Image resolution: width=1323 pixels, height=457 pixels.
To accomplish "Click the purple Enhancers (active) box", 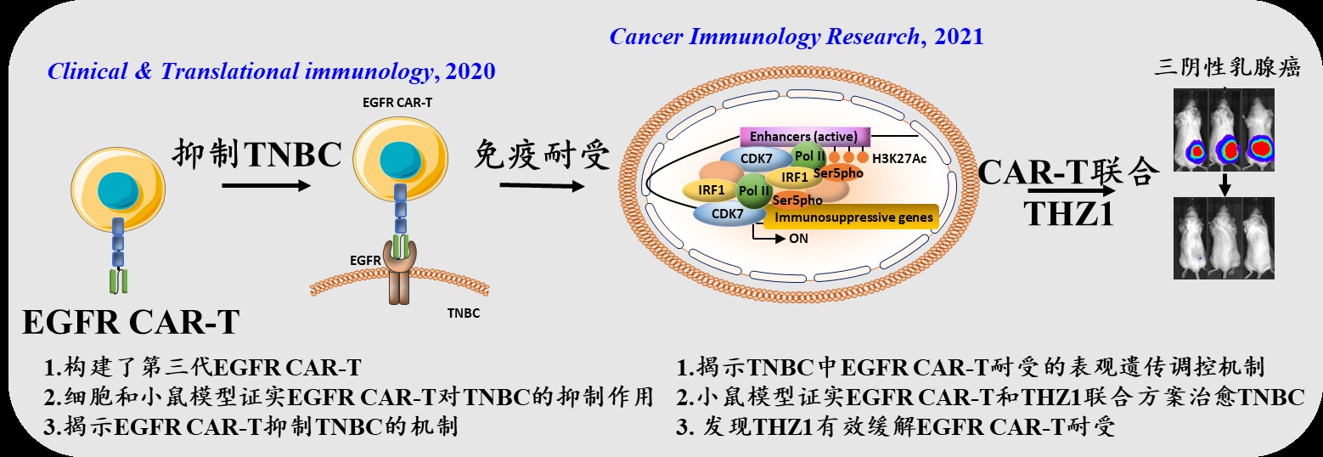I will tap(797, 136).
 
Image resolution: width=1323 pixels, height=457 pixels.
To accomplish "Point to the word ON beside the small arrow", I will tap(798, 239).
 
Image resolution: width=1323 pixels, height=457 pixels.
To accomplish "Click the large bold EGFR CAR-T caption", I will tap(131, 323).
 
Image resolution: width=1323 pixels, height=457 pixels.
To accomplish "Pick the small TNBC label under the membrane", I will tap(463, 313).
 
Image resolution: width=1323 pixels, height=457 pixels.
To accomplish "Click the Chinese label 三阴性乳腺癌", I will tap(1227, 69).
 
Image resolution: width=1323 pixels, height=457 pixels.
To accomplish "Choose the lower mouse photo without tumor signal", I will tap(1224, 237).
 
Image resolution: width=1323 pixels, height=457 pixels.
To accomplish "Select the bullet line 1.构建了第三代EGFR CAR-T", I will tap(203, 368).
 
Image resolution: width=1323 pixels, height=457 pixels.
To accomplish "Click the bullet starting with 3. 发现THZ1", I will tap(895, 426).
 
